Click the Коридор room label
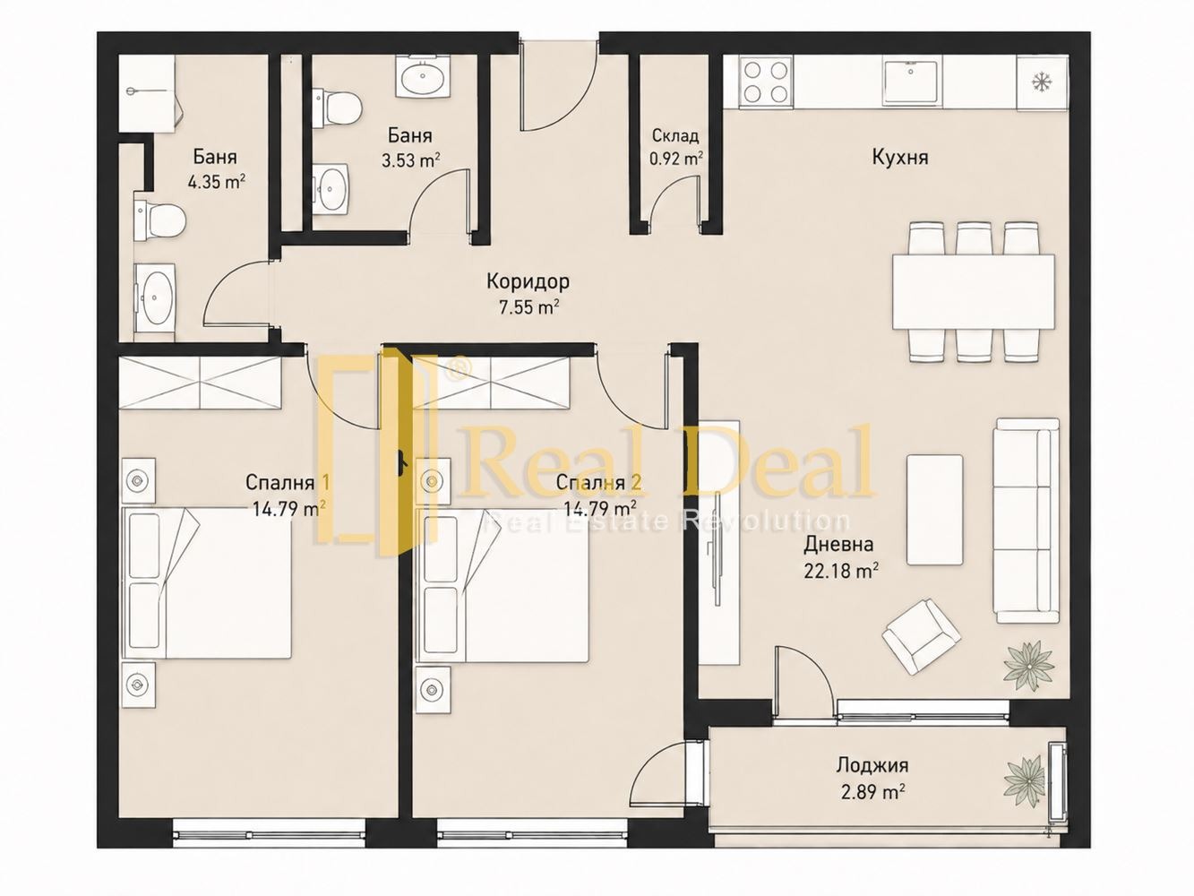click(x=528, y=282)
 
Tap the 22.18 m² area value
click(x=841, y=571)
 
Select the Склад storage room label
click(x=675, y=135)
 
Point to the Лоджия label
click(x=872, y=765)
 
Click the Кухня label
click(x=900, y=157)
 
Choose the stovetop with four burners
click(x=759, y=82)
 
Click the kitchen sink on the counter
click(x=911, y=82)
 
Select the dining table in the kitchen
click(x=973, y=291)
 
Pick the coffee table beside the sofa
click(x=934, y=510)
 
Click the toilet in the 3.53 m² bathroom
click(x=338, y=108)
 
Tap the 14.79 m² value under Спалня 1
click(x=289, y=509)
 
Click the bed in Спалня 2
click(x=502, y=585)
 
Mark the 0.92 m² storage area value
click(x=676, y=159)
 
